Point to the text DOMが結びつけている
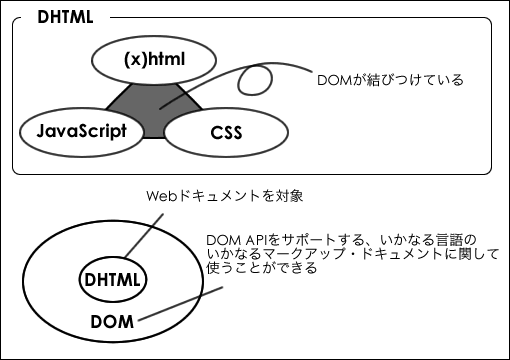[389, 79]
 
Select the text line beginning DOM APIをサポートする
[341, 241]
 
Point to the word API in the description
[258, 241]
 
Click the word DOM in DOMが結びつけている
[332, 79]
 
